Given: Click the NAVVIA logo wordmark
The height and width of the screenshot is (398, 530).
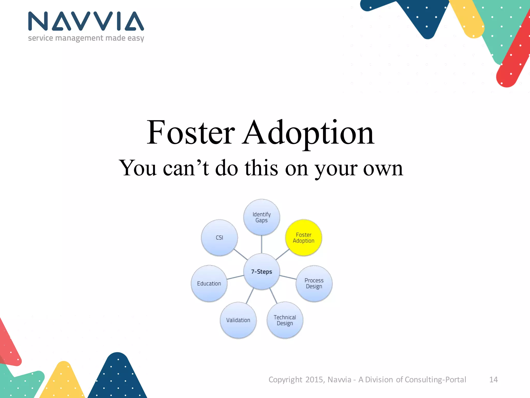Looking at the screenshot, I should [86, 21].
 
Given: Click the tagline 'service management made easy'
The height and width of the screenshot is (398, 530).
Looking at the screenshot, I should [86, 38].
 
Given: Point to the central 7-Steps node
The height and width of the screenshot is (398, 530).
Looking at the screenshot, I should [262, 272].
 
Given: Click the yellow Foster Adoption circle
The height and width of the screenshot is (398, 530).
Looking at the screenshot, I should [304, 238].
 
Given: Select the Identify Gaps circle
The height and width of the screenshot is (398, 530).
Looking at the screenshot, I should [262, 217].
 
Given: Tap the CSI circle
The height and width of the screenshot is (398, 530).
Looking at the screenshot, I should [219, 238].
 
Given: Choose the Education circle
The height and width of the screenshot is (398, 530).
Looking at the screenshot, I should [209, 283].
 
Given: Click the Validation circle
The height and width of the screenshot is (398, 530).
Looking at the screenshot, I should [238, 320].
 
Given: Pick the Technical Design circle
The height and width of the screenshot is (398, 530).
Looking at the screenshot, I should [285, 320].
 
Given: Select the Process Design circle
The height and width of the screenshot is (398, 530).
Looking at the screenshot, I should [314, 283].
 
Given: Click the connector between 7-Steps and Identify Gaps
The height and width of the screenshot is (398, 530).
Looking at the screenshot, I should [262, 244].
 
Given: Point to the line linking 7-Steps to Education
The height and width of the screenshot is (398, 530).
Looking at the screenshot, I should [235, 278].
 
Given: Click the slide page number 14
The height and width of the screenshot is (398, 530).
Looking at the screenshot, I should [493, 380].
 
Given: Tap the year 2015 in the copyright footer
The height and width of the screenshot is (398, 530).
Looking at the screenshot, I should [314, 380].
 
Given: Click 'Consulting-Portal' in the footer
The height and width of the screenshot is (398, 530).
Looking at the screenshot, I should [435, 380].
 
